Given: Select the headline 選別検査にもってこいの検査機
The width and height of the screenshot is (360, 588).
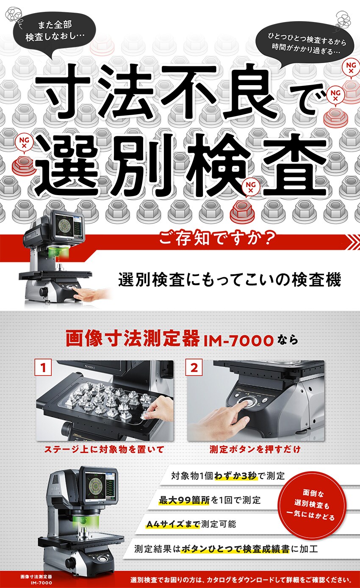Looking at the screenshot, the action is [230, 280].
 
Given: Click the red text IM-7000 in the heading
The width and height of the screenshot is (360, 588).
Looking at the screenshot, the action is [239, 341].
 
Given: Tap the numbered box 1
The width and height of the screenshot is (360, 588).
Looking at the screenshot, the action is [43, 368].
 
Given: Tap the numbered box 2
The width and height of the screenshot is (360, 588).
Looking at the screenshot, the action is [194, 368].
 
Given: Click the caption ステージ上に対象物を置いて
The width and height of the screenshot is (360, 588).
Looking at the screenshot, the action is [104, 450].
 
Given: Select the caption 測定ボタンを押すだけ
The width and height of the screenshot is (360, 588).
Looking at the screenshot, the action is [255, 450].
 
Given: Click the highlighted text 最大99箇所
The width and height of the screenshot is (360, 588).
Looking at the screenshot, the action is [184, 500].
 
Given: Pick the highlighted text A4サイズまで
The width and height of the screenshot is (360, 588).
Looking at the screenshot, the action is [173, 525].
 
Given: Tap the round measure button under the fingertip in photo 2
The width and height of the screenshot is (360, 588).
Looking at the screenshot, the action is [247, 402].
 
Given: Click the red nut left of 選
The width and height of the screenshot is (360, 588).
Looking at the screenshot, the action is [24, 165].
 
